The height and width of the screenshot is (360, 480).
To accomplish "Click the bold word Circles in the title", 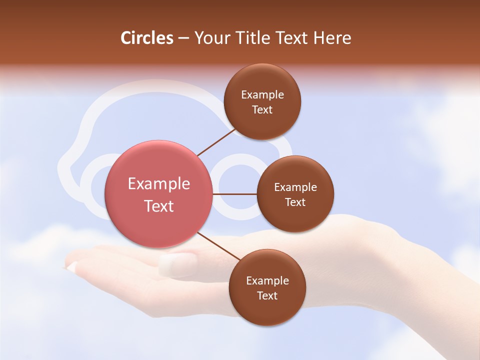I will [146, 38].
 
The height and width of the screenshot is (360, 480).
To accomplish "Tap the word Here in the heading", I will [332, 38].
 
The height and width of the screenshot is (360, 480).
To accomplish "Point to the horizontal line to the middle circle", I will [234, 194].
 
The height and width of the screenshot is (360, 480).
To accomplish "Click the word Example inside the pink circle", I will [159, 184].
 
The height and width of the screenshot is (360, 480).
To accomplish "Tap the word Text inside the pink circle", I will [159, 206].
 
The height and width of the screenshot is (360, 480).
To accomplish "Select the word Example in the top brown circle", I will [262, 95].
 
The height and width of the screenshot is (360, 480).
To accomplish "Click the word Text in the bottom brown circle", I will [267, 295].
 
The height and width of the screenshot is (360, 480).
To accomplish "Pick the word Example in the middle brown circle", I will [295, 187].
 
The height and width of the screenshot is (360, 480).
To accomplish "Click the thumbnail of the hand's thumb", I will [177, 264].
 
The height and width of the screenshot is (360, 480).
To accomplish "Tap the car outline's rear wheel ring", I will [240, 186].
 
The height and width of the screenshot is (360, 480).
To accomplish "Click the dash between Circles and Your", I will [183, 38].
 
